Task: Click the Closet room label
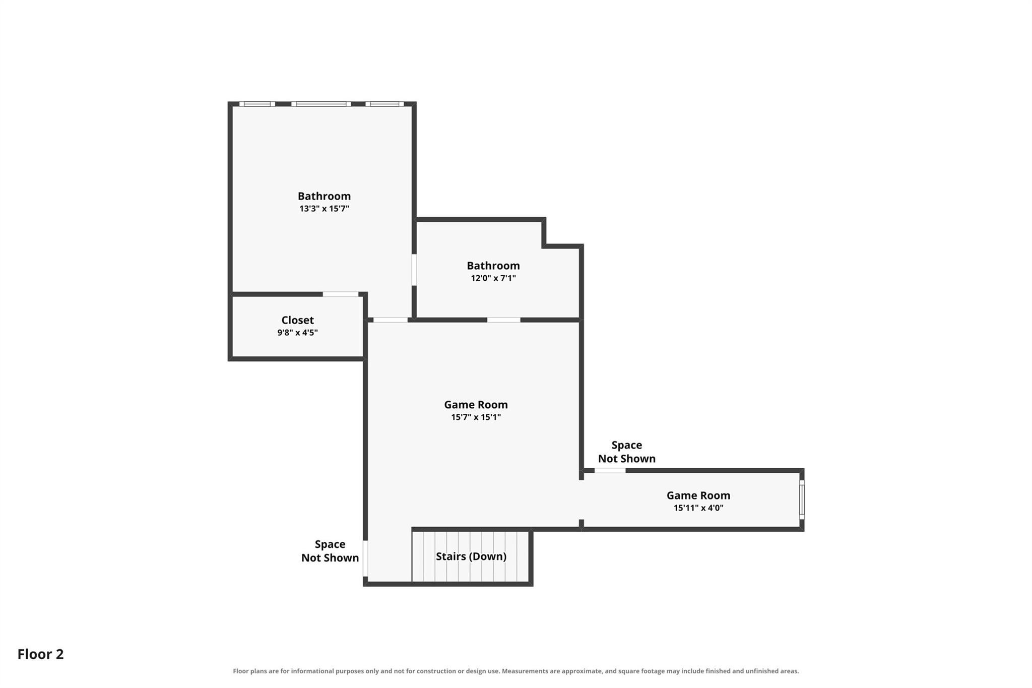coord(297,320)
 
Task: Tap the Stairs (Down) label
coord(471,556)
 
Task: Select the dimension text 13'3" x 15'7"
coord(324,209)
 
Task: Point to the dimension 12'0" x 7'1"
coord(493,278)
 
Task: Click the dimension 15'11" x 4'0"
coord(698,508)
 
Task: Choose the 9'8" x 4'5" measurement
coord(297,333)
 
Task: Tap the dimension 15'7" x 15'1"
coord(476,417)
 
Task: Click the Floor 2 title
coord(41,654)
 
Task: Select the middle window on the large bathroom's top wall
coord(321,104)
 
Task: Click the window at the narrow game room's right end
coord(802,499)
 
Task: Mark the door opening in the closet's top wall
coord(341,294)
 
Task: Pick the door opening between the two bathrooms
coord(414,270)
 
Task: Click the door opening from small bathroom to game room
coord(503,320)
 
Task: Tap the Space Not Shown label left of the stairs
coord(330,551)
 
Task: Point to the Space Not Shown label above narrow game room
coord(627,452)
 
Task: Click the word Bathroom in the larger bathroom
coord(324,196)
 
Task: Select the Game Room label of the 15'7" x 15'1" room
coord(476,405)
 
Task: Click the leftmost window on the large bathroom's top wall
coord(257,104)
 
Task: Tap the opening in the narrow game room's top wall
coord(610,471)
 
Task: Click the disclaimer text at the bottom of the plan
coord(515,671)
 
